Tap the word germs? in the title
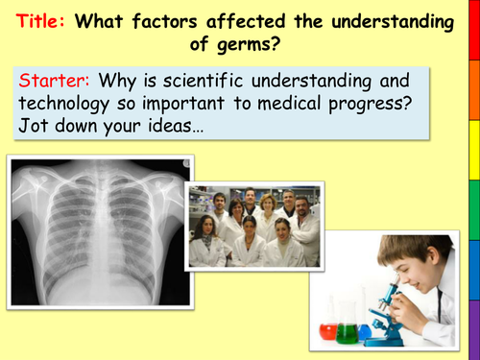coord(252,42)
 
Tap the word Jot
coord(36,126)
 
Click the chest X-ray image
coord(96,230)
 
